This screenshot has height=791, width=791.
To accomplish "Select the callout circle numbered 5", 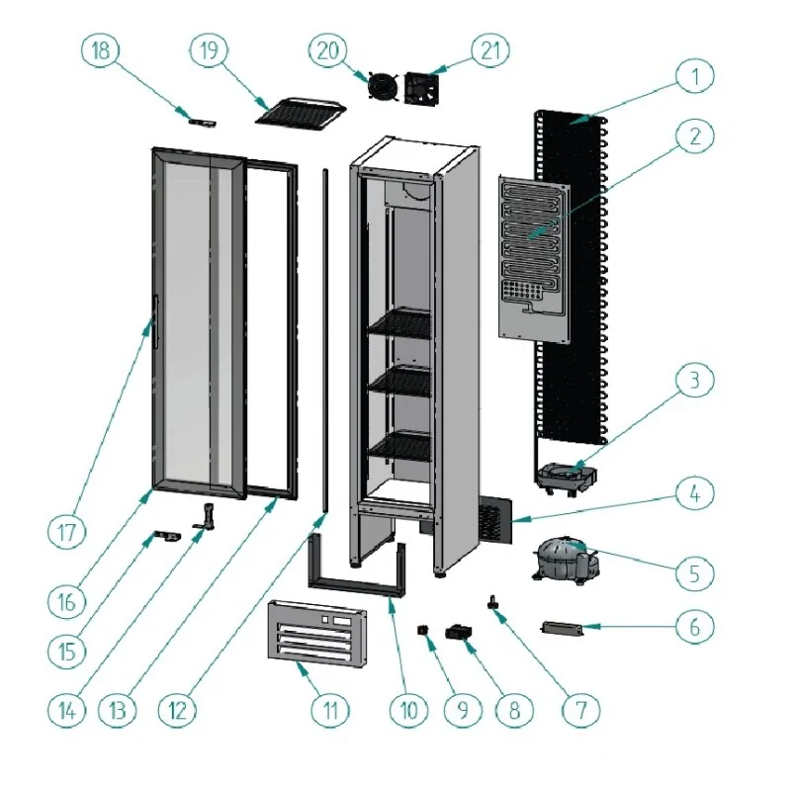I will (x=696, y=571).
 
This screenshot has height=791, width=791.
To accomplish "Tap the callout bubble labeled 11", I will (x=330, y=708).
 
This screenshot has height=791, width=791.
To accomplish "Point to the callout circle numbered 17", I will (x=67, y=531).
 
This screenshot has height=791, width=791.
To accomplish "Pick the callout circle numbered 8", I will (x=514, y=708).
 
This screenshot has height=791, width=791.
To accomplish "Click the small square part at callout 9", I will (x=425, y=630).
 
